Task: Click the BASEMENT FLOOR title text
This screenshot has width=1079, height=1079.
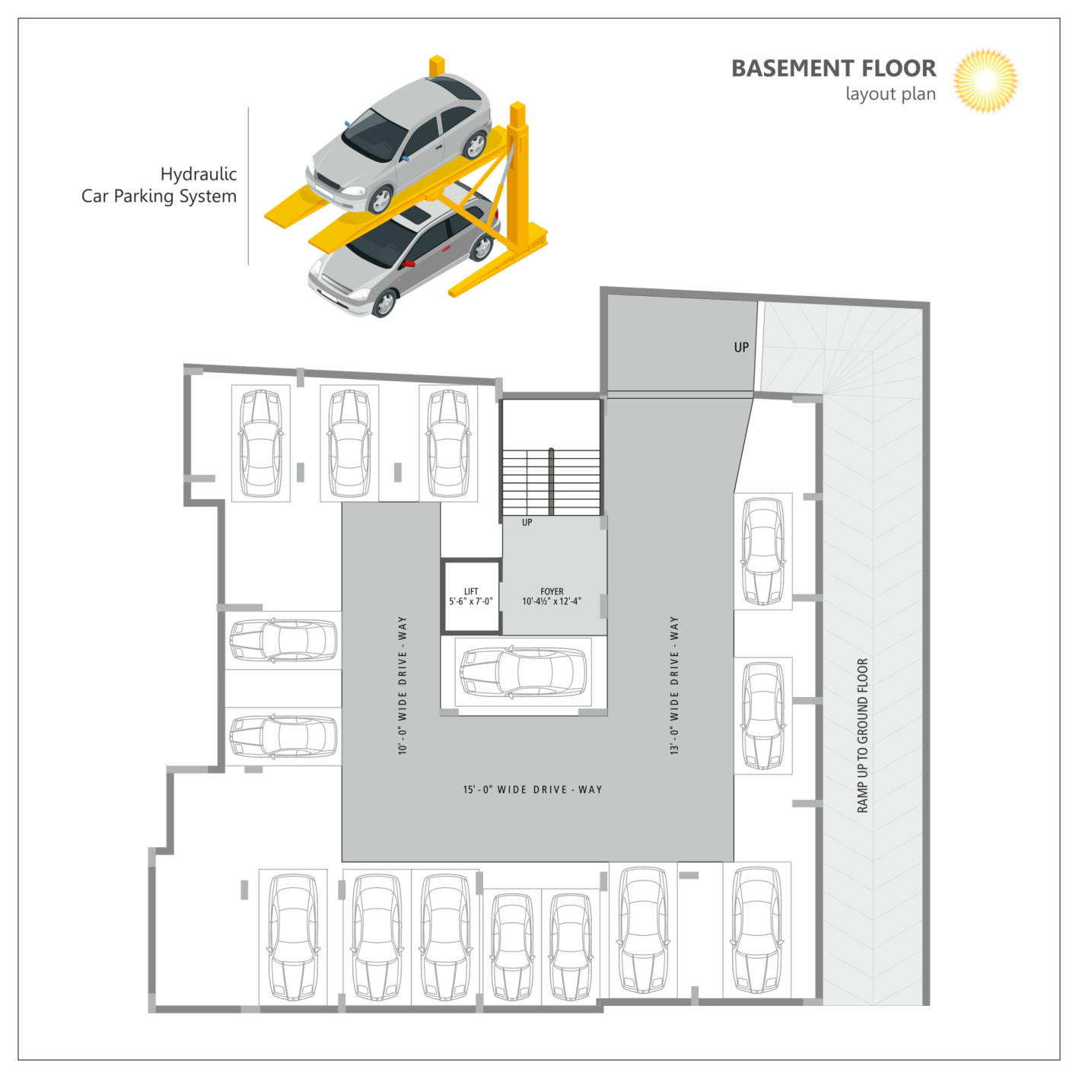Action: (x=834, y=68)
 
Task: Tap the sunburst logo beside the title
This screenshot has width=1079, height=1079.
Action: (x=985, y=81)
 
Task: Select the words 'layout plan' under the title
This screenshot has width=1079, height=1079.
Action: (x=890, y=94)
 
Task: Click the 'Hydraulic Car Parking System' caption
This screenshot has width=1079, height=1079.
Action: (x=159, y=185)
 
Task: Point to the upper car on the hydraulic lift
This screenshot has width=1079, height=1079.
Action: (x=399, y=142)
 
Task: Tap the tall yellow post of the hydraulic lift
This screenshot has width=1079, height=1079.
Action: (x=519, y=179)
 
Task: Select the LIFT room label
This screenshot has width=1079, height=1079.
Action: (x=471, y=591)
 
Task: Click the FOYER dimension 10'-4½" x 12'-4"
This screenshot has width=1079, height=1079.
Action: (x=552, y=601)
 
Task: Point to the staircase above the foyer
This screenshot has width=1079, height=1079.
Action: (x=552, y=482)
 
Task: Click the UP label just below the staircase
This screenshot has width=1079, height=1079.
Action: (x=527, y=523)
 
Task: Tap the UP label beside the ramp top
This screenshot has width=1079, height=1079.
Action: (x=741, y=347)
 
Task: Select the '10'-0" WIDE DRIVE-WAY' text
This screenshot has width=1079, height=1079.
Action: (x=403, y=686)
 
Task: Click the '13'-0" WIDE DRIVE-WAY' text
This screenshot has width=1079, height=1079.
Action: (x=674, y=686)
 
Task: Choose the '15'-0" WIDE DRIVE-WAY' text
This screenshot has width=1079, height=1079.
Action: (x=533, y=790)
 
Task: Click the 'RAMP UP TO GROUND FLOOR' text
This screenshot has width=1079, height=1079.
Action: (x=862, y=736)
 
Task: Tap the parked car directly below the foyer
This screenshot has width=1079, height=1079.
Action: (x=524, y=673)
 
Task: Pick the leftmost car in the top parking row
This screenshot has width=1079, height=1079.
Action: (x=261, y=444)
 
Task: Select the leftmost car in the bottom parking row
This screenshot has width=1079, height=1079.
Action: (x=293, y=938)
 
